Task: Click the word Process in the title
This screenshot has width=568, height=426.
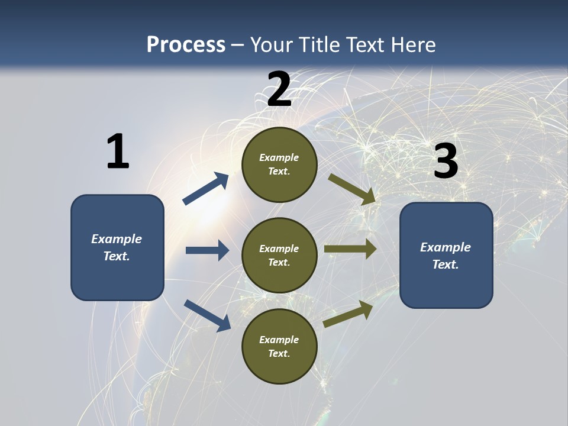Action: click(x=186, y=45)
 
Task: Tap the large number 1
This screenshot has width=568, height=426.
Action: click(x=118, y=151)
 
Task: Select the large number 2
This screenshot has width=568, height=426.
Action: click(x=279, y=89)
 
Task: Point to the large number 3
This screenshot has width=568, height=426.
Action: click(x=446, y=162)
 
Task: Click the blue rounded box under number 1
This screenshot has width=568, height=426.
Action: click(x=117, y=247)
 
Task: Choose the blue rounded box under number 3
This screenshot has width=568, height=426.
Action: click(x=446, y=255)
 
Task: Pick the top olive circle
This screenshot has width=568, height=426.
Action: click(x=279, y=164)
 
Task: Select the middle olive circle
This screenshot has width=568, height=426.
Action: click(x=279, y=255)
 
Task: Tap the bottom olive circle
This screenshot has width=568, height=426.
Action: click(x=279, y=346)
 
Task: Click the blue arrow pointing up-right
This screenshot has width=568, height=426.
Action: click(x=206, y=189)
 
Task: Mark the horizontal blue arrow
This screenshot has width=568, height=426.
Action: click(x=207, y=250)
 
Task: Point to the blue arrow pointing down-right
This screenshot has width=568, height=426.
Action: click(x=207, y=315)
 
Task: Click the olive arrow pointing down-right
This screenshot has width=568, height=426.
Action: click(x=352, y=189)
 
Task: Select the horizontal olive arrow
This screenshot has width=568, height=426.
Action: click(x=350, y=249)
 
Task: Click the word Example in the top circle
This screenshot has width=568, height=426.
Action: click(x=279, y=157)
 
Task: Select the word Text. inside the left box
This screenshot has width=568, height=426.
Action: click(x=117, y=256)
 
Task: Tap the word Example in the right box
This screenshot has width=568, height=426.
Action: click(x=446, y=247)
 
